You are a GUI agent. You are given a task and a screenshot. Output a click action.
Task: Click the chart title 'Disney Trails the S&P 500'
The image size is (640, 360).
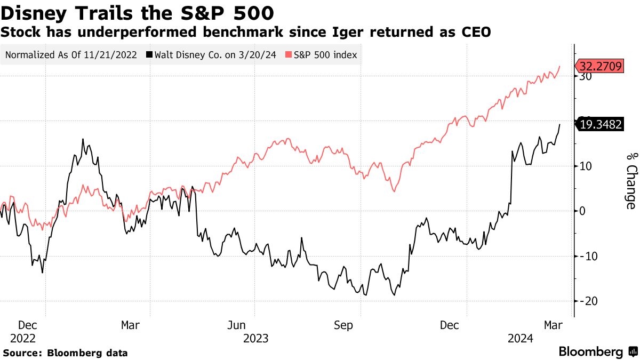click(138, 11)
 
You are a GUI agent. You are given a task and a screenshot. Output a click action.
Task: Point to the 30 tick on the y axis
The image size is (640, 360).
click(586, 76)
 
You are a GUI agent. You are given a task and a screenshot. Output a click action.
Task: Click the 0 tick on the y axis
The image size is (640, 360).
click(582, 211)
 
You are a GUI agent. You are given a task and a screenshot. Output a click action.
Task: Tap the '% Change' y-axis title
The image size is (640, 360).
click(630, 180)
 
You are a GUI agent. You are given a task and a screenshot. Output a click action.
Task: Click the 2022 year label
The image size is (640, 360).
click(22, 338)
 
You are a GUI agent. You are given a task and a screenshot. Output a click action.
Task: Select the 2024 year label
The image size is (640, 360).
click(520, 338)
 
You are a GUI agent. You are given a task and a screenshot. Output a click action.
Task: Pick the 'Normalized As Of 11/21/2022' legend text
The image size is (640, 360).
click(71, 55)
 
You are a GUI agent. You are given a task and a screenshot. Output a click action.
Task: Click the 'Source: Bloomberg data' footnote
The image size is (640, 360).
click(65, 353)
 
